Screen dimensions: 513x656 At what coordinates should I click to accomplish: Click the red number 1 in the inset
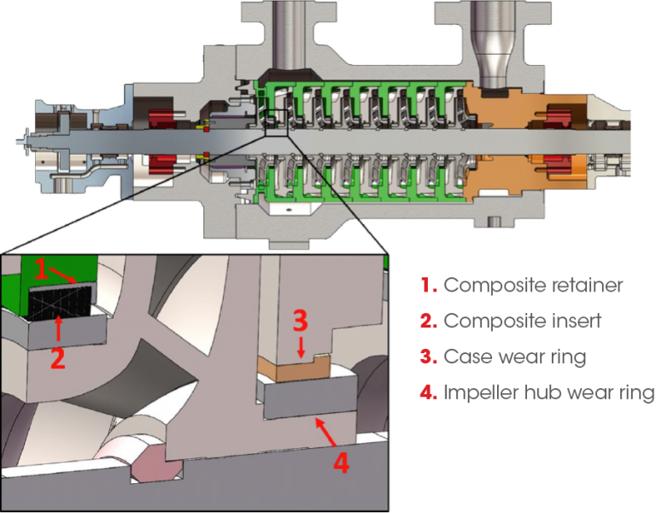(x=41, y=270)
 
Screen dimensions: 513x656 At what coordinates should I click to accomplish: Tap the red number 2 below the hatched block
(x=56, y=356)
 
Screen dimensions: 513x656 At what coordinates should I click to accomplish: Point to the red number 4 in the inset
(x=340, y=463)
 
